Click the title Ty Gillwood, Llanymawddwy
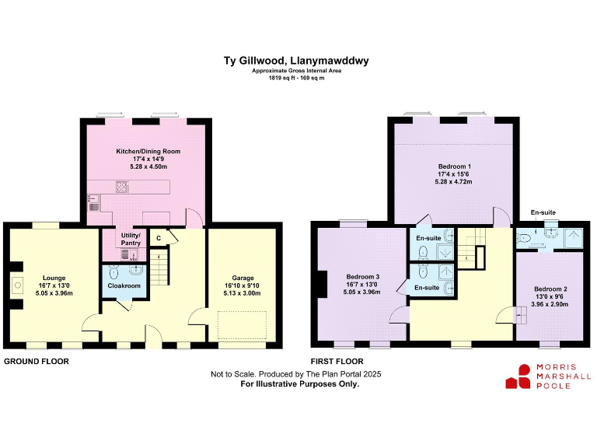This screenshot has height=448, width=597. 296,59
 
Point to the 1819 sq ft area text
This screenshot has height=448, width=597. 296,78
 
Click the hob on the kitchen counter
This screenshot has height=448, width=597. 121,187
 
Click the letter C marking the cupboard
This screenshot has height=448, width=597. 159,238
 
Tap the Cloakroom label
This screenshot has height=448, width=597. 124,285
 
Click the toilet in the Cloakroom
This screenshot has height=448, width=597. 113,273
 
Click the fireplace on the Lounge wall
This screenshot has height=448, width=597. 16,285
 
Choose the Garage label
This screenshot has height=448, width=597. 243,278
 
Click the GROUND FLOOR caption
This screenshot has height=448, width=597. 36,362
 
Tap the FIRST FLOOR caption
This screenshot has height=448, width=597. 337,362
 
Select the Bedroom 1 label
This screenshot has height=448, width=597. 454,167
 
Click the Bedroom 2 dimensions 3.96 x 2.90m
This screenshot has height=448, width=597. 550,304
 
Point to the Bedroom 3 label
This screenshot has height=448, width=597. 363,278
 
